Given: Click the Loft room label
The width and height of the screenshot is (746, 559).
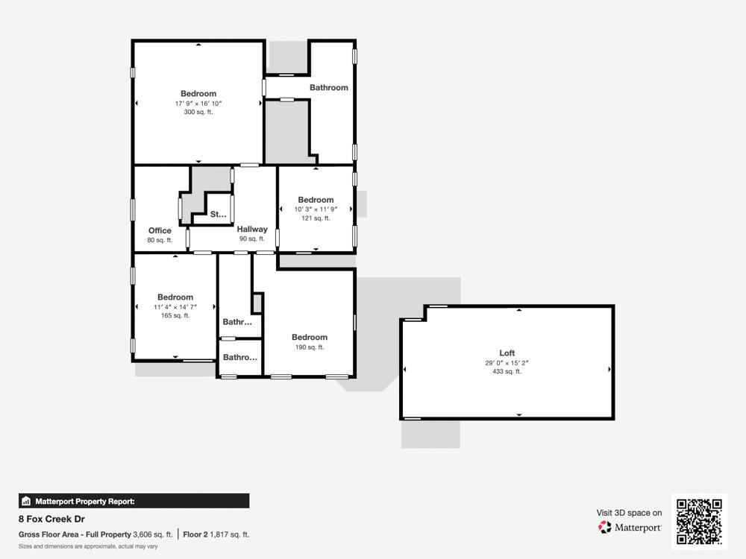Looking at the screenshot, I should coord(507,353).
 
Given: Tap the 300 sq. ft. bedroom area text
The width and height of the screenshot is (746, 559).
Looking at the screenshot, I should coord(198,113).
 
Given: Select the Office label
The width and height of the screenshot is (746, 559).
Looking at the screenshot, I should coord(160,230).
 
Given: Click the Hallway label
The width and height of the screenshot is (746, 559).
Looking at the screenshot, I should coord(252,230).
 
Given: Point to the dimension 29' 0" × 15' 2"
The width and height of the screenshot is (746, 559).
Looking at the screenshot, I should coord(507,363).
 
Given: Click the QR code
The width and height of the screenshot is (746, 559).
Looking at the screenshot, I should coord(699,522).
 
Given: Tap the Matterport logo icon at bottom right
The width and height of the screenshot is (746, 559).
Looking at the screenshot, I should coord(605,527).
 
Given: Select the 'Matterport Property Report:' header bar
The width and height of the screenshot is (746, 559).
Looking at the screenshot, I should coord(134,501).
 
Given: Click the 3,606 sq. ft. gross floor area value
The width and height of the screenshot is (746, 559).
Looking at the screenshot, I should coord(152,534).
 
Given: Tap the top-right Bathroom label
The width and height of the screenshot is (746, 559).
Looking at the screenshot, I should coord(329,87).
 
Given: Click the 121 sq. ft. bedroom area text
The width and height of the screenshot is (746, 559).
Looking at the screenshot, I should coord(316,218).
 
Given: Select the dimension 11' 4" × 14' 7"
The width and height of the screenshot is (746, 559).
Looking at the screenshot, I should coord(175,306).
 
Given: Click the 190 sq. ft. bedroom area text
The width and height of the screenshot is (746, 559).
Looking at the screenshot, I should coord(310,347).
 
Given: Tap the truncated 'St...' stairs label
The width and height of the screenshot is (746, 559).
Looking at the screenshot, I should coord(218,215).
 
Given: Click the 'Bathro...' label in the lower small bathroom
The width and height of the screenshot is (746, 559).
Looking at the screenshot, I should coord(240,358).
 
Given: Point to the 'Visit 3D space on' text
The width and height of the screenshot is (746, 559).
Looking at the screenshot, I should coord(629,513).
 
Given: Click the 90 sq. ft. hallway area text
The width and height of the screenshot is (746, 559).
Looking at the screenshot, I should coord(252,239).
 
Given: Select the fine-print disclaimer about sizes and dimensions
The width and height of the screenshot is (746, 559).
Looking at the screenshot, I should coord(88,546).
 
